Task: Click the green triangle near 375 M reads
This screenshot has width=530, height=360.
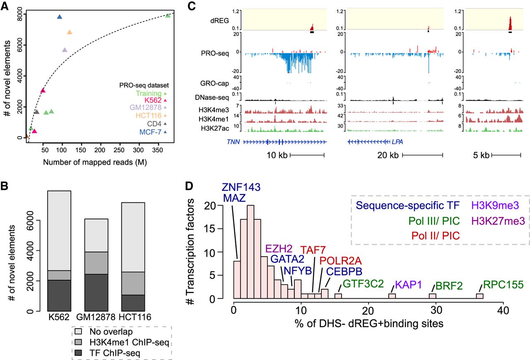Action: pos(168,15)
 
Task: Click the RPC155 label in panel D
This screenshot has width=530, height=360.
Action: pos(503,285)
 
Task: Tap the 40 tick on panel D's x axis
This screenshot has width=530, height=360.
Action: pos(503,310)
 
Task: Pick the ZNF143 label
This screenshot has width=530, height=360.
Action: pos(241,187)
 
